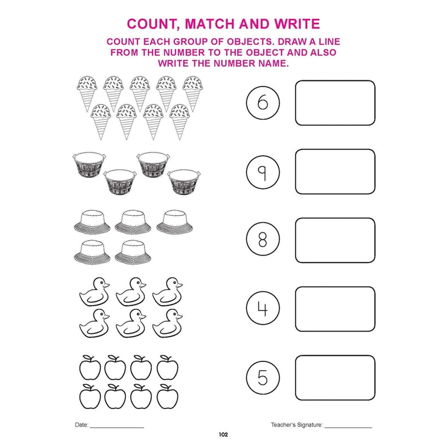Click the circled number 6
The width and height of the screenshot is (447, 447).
pos(263,103)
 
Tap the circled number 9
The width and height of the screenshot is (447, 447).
pos(263,172)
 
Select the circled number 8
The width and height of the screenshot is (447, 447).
pos(263,239)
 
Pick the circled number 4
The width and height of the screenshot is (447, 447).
pos(263,308)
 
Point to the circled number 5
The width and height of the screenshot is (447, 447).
pos(263,378)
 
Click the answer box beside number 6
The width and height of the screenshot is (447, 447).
pos(335,103)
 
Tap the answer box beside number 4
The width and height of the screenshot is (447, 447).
pos(335,309)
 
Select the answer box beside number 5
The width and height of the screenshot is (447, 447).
pos(335,378)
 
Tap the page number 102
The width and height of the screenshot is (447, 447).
pos(223,434)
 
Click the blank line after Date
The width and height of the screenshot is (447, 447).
pos(117,427)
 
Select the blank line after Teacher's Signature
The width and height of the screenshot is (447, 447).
pos(348,427)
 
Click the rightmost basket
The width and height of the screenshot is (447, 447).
pos(184,182)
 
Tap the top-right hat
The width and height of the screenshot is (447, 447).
pos(174,222)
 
